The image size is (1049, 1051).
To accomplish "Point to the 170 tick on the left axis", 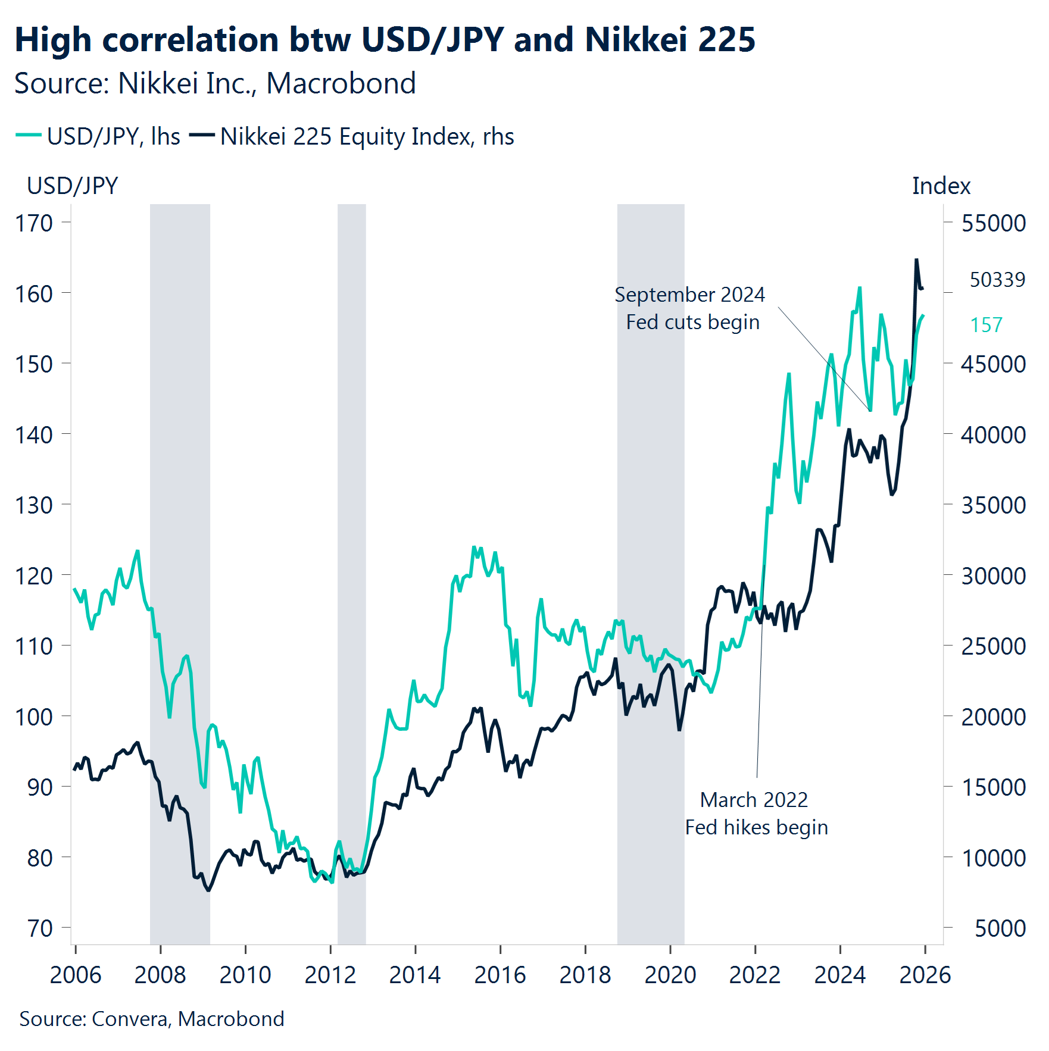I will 34,223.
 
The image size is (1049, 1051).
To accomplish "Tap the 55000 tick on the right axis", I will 993,223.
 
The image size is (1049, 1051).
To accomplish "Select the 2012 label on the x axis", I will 330,975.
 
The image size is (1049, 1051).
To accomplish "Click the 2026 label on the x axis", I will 925,975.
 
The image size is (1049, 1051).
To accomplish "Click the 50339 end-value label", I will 997,280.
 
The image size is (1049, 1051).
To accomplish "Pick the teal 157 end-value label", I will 986,325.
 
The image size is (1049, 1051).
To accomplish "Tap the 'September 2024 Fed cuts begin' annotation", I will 690,308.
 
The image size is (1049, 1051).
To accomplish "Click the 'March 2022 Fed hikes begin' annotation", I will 755,814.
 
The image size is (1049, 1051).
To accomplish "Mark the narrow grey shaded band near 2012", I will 351,571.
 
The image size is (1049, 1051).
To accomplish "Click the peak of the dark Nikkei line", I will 916,260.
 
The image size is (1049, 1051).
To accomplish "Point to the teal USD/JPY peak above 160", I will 860,289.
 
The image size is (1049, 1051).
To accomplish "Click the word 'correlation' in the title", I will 191,40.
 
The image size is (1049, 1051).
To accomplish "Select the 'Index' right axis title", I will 941,186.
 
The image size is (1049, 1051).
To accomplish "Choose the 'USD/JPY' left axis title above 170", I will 72,186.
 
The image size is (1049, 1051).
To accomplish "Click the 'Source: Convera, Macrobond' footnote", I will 151,1019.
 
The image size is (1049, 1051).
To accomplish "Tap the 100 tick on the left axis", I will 34,717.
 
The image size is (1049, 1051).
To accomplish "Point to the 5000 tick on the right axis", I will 1000,928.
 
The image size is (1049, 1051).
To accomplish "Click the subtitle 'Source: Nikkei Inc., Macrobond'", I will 214,83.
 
